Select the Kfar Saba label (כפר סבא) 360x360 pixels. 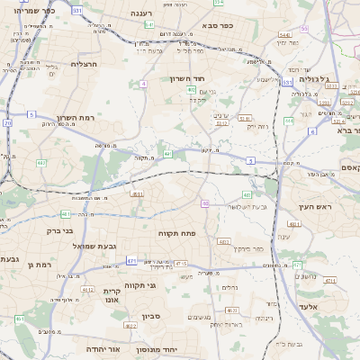pos(217,25)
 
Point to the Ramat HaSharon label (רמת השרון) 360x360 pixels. pos(76,118)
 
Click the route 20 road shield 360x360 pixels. pos(8,121)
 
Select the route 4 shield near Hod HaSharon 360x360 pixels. pos(143,84)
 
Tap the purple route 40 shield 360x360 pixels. pos(205,203)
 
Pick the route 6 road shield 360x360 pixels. pos(312,131)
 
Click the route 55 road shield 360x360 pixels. pos(304,29)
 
